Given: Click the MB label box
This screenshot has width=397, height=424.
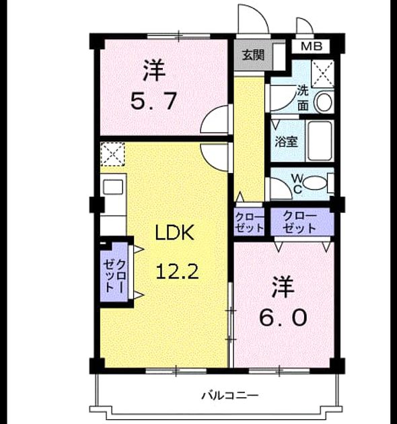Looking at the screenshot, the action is [311, 46].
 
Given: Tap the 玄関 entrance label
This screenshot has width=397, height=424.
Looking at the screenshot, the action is [253, 55].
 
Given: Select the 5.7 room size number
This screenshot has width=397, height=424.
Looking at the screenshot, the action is [153, 101].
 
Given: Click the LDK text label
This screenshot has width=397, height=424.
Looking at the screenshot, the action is [175, 233].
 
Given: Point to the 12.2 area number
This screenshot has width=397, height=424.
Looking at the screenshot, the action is [178, 271].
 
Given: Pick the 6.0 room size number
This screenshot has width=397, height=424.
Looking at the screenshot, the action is [283, 318].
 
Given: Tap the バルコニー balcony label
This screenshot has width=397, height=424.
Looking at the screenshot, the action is [230, 396].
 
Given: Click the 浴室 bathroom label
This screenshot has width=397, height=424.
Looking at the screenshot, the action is [287, 141].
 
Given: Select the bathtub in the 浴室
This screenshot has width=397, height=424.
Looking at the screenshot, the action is [320, 141].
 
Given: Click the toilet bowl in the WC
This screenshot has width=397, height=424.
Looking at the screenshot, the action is [314, 183].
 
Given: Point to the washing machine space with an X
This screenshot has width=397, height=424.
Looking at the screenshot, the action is [322, 73].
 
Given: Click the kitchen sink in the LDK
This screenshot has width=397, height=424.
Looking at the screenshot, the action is [113, 187].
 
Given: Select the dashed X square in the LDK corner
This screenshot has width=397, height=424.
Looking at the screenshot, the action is [112, 154].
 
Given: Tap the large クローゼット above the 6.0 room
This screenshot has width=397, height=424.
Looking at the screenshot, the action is [299, 222].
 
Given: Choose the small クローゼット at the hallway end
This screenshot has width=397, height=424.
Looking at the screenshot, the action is [249, 223].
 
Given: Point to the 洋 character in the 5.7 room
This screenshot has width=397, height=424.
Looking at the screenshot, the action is [154, 71].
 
